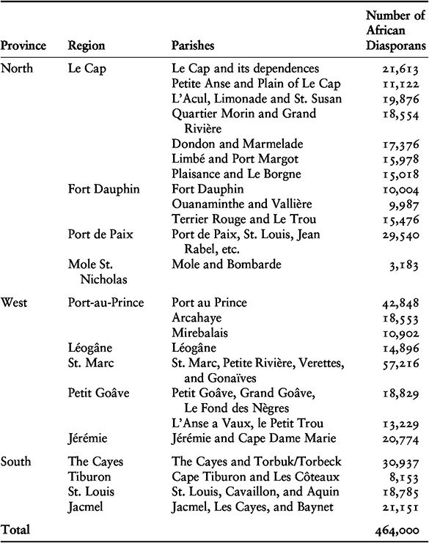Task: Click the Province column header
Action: pyautogui.click(x=23, y=45)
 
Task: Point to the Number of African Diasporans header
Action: pyautogui.click(x=395, y=31)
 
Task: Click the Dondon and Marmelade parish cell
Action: pyautogui.click(x=227, y=144)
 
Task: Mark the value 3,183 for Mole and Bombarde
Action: pyautogui.click(x=410, y=265)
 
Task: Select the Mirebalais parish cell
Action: pyautogui.click(x=197, y=331)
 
